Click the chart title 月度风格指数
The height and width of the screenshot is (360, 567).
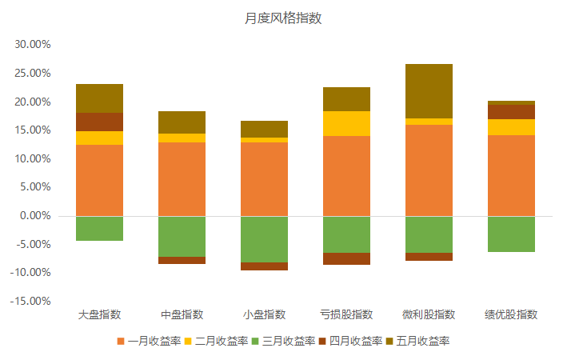[x=283, y=18]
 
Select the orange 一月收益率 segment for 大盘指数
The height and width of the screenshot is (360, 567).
[x=100, y=180]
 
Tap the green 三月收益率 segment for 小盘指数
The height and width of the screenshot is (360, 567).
[x=264, y=238]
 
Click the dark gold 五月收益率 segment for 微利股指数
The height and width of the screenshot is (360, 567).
[x=429, y=91]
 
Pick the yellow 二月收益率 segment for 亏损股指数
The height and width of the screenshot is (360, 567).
[x=346, y=123]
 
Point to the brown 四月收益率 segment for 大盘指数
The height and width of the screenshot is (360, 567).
[x=100, y=122]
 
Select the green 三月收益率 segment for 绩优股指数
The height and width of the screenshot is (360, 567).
[x=511, y=234]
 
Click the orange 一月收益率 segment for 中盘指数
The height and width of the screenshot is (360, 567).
[x=182, y=178]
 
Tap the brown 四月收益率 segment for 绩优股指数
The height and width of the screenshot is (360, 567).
[x=511, y=112]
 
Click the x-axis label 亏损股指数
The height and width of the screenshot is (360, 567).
[x=346, y=314]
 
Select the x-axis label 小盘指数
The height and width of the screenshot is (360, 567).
[x=264, y=314]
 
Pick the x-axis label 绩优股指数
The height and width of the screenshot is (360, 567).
[x=511, y=314]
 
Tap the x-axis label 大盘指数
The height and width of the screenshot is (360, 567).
[x=100, y=314]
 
